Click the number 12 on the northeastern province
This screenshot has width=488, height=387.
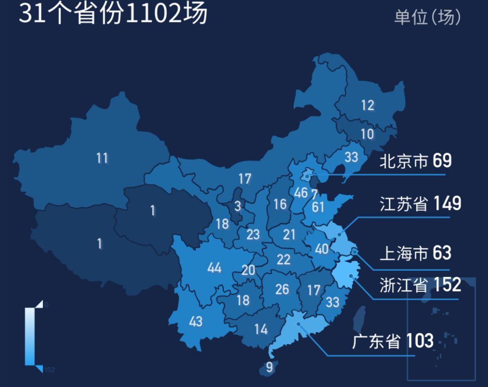(367, 105)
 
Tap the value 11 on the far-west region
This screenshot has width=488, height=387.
(102, 159)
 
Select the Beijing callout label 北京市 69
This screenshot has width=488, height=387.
(415, 160)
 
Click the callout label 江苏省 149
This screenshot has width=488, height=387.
(420, 204)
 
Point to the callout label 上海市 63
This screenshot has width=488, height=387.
(415, 253)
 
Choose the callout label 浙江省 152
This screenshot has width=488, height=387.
(420, 285)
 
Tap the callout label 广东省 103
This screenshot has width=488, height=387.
(393, 340)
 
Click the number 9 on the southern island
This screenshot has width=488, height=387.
(269, 367)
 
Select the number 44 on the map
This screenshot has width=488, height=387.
(214, 268)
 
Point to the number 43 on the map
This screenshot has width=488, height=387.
(196, 322)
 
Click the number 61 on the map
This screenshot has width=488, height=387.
(318, 207)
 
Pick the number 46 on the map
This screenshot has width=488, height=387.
(300, 193)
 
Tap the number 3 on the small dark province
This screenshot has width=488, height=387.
(238, 207)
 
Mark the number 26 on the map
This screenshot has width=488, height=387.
(282, 289)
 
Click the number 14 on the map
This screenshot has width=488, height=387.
(261, 330)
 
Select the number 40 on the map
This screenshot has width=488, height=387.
(322, 249)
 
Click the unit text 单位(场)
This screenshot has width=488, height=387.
(427, 18)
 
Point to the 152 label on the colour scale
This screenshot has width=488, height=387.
(50, 370)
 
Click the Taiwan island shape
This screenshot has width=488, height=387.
(359, 319)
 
